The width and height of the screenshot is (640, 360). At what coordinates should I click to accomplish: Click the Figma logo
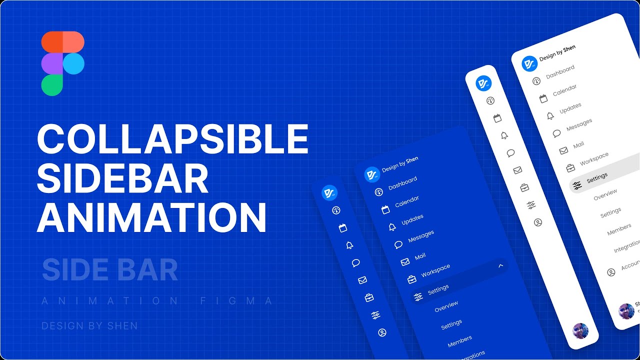coord(62,63)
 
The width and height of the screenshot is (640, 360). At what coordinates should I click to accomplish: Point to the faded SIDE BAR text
coord(110,270)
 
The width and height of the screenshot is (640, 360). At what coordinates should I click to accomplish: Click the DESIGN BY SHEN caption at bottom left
coord(89,326)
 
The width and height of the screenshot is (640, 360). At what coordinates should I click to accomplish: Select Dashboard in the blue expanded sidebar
coord(402,183)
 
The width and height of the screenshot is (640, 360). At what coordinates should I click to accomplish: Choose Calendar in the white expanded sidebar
coord(564,90)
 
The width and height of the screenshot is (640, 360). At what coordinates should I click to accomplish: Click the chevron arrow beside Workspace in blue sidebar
coord(500,266)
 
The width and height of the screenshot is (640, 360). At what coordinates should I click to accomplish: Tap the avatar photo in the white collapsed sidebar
coord(580,330)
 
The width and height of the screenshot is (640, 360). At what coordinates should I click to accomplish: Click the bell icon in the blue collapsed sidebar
coord(349,245)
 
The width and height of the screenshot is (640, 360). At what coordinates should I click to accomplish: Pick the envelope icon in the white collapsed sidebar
coord(517,170)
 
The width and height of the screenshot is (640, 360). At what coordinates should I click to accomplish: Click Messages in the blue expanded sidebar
coord(420,236)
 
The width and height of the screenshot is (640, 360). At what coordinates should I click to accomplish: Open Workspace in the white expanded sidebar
coord(594,159)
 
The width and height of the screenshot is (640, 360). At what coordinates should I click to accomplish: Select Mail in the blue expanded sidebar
coord(420,256)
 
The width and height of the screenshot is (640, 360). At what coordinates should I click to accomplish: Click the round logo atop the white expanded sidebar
coord(529,63)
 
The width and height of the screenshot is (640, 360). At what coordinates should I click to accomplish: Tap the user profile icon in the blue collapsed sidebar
coord(382,332)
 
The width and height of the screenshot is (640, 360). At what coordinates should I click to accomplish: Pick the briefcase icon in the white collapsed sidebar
coord(524,188)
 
